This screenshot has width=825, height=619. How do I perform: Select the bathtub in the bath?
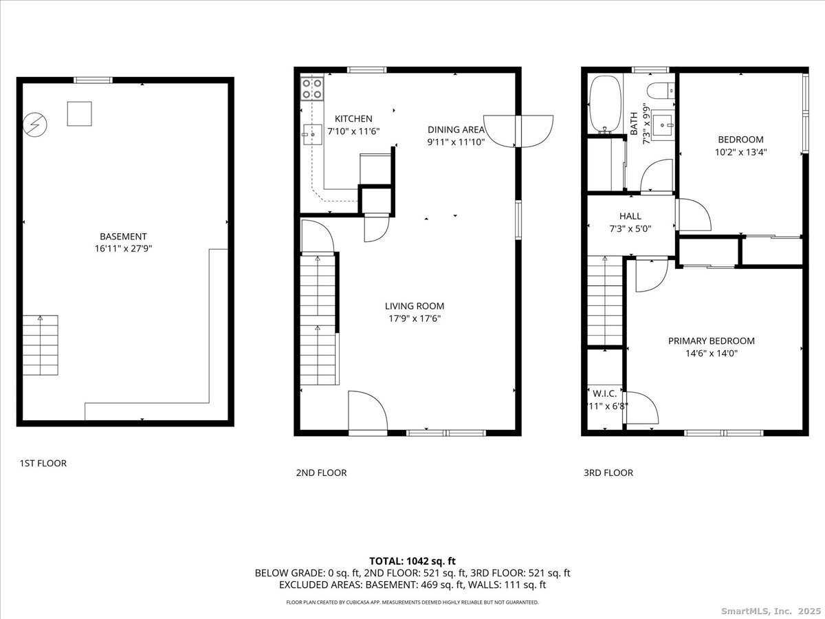[x=605, y=105]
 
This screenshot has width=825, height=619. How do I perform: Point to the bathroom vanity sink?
[x=663, y=123]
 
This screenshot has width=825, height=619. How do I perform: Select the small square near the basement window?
[x=79, y=113]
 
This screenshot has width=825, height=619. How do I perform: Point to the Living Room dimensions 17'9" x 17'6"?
[x=414, y=318]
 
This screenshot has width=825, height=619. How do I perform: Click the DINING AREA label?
[x=456, y=129]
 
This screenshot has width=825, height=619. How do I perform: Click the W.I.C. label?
[x=606, y=393]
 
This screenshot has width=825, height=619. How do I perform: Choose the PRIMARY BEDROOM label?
[x=711, y=340]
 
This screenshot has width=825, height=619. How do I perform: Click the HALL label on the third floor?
[x=630, y=216]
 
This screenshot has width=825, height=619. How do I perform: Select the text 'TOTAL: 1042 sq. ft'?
[x=412, y=561]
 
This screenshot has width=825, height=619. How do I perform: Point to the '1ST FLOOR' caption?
[x=43, y=463]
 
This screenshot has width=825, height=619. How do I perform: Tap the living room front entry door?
[x=367, y=411]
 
